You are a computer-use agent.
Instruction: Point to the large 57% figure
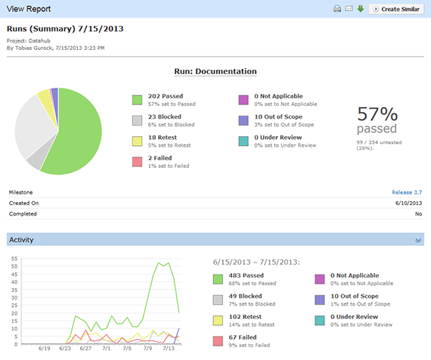pyautogui.click(x=377, y=114)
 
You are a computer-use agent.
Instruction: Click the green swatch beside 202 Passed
pyautogui.click(x=137, y=100)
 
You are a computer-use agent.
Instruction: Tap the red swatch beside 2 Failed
pyautogui.click(x=137, y=161)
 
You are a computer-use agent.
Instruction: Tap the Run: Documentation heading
pyautogui.click(x=215, y=71)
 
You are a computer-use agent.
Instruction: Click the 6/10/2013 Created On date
pyautogui.click(x=407, y=203)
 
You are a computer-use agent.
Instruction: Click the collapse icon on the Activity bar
pyautogui.click(x=417, y=240)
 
